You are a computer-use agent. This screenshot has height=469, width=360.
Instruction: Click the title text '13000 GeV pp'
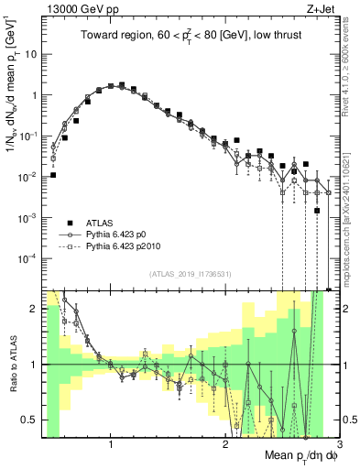[75, 8]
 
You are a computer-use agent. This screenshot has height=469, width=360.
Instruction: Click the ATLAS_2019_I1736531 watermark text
[184, 274]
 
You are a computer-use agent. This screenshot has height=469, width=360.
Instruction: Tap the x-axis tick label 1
[111, 444]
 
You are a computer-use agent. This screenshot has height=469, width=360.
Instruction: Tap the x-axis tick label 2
[225, 444]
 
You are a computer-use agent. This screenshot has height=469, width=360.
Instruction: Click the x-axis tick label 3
[339, 444]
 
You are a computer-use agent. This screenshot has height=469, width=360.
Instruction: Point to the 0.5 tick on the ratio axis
[30, 420]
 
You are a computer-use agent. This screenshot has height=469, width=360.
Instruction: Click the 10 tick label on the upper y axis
[29, 54]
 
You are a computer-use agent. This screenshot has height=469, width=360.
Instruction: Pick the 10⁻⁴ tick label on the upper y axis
[27, 258]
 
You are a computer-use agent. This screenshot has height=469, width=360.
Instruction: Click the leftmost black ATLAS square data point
[53, 175]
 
